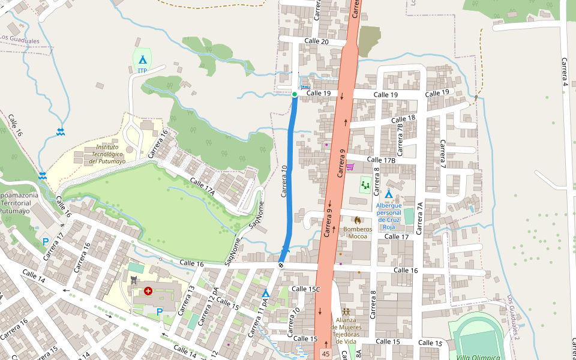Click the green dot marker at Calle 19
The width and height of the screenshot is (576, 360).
[295, 94]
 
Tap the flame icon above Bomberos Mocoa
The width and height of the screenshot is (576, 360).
[358, 221]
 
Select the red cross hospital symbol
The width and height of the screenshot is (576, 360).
[148, 291]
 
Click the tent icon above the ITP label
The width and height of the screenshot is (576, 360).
[142, 59]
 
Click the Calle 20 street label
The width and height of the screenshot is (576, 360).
[316, 41]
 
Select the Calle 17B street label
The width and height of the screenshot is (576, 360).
[381, 160]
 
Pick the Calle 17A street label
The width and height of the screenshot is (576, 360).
[202, 185]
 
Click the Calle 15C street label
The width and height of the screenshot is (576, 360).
[305, 289]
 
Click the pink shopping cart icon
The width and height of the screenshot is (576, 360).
[350, 166]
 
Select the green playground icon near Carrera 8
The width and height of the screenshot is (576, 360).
[365, 185]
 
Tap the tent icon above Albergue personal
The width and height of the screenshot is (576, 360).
[388, 194]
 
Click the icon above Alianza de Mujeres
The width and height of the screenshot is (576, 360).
[346, 312]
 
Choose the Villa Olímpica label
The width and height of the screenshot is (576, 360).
[478, 357]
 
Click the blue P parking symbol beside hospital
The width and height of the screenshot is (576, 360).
[160, 311]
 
